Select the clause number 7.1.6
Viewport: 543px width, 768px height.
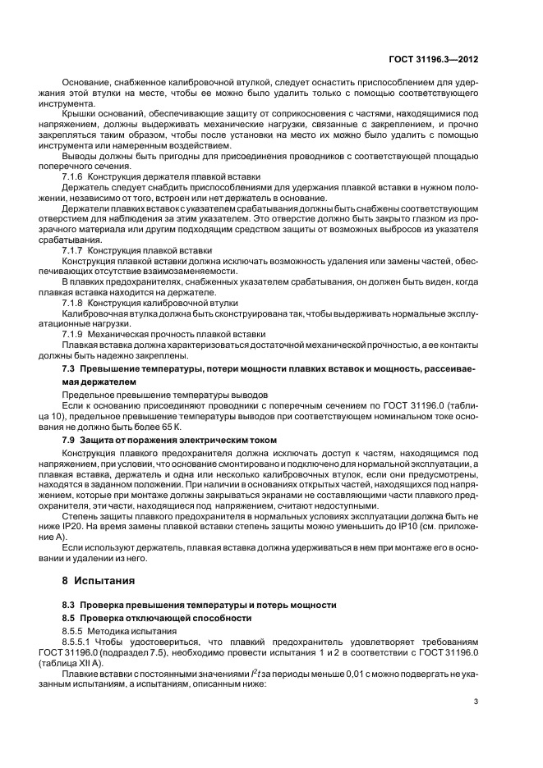(x=75, y=176)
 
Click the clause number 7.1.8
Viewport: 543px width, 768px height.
(x=75, y=303)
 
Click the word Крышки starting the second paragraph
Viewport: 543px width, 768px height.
(x=78, y=113)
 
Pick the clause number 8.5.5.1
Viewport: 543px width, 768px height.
(x=79, y=640)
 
